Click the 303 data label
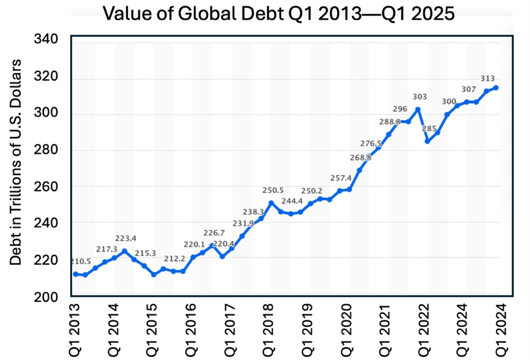[x=419, y=97]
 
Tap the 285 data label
[x=429, y=129]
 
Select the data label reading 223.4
[x=126, y=239]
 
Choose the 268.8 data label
[x=360, y=157]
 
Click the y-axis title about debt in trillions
[x=16, y=161]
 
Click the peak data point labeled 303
[x=418, y=109]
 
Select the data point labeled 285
[x=428, y=141]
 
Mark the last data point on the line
[x=496, y=88]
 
